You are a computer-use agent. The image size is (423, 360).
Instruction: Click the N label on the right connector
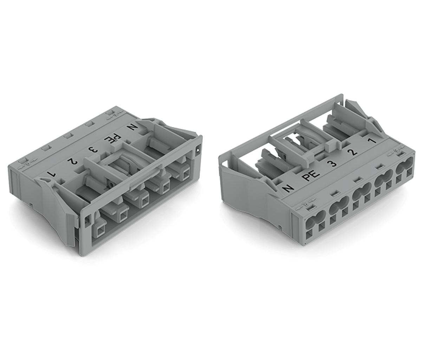point(288,188)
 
